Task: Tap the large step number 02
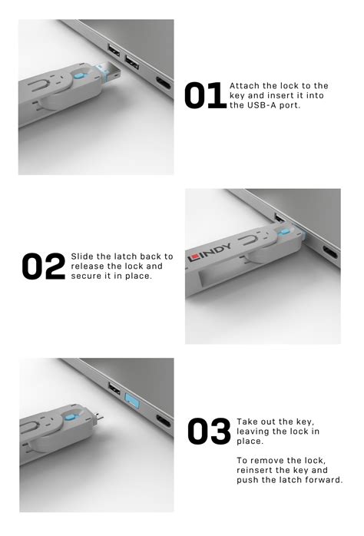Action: pyautogui.click(x=43, y=266)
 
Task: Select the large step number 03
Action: pyautogui.click(x=209, y=432)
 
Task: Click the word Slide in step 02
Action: pyautogui.click(x=84, y=256)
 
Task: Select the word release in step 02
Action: pyautogui.click(x=88, y=266)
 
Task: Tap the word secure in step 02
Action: pyautogui.click(x=87, y=276)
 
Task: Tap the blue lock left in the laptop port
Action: pyautogui.click(x=130, y=402)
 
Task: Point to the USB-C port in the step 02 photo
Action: pyautogui.click(x=329, y=251)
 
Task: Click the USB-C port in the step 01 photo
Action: pyautogui.click(x=163, y=84)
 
